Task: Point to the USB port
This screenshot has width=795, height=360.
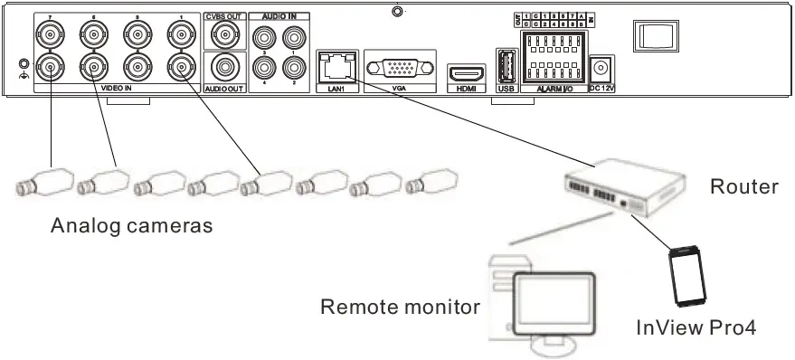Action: tap(505, 66)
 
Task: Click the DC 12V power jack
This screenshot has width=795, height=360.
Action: tap(601, 67)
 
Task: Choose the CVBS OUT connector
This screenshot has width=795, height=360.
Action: tap(221, 35)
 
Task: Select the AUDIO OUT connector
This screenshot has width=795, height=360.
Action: tap(221, 67)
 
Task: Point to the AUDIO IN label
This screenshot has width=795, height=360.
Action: tap(278, 16)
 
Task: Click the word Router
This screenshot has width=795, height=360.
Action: tap(743, 187)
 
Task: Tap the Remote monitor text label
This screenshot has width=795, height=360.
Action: tap(400, 307)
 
